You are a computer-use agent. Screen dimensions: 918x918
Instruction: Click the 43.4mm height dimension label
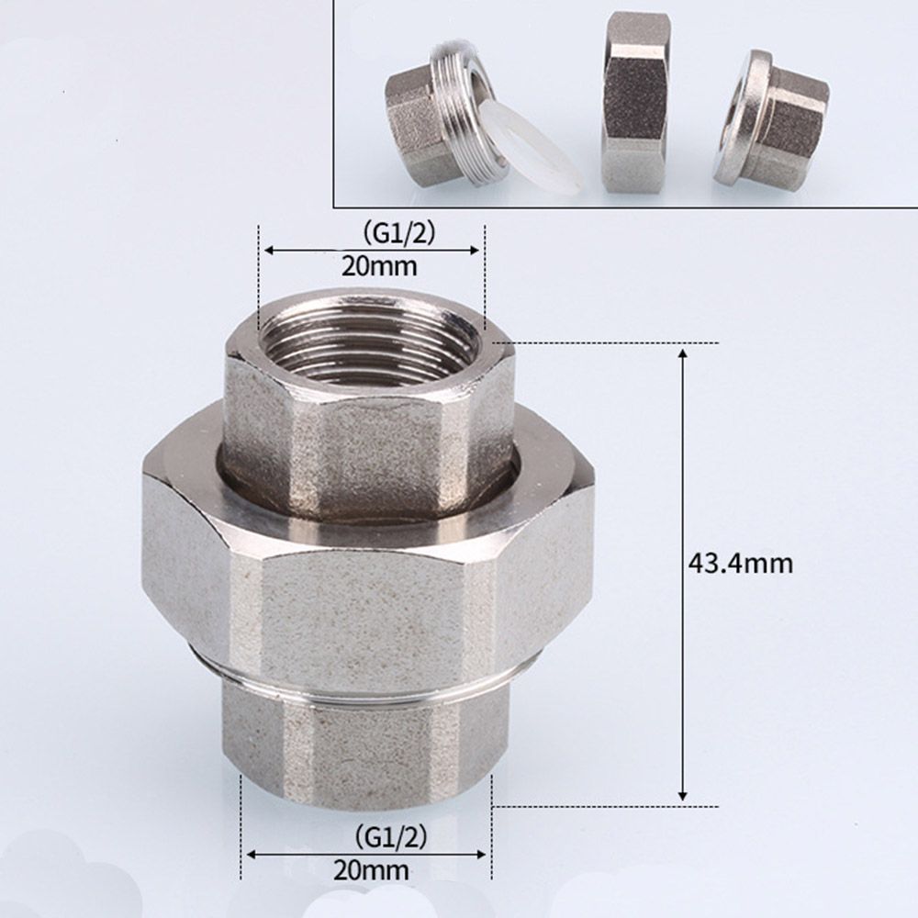(x=740, y=562)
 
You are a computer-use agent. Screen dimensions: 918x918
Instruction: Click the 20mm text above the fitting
(x=379, y=266)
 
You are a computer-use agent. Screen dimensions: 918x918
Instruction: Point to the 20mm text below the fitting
(x=373, y=869)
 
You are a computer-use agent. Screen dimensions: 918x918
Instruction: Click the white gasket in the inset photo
(x=530, y=147)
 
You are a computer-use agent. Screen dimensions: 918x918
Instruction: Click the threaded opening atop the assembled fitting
(x=370, y=340)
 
